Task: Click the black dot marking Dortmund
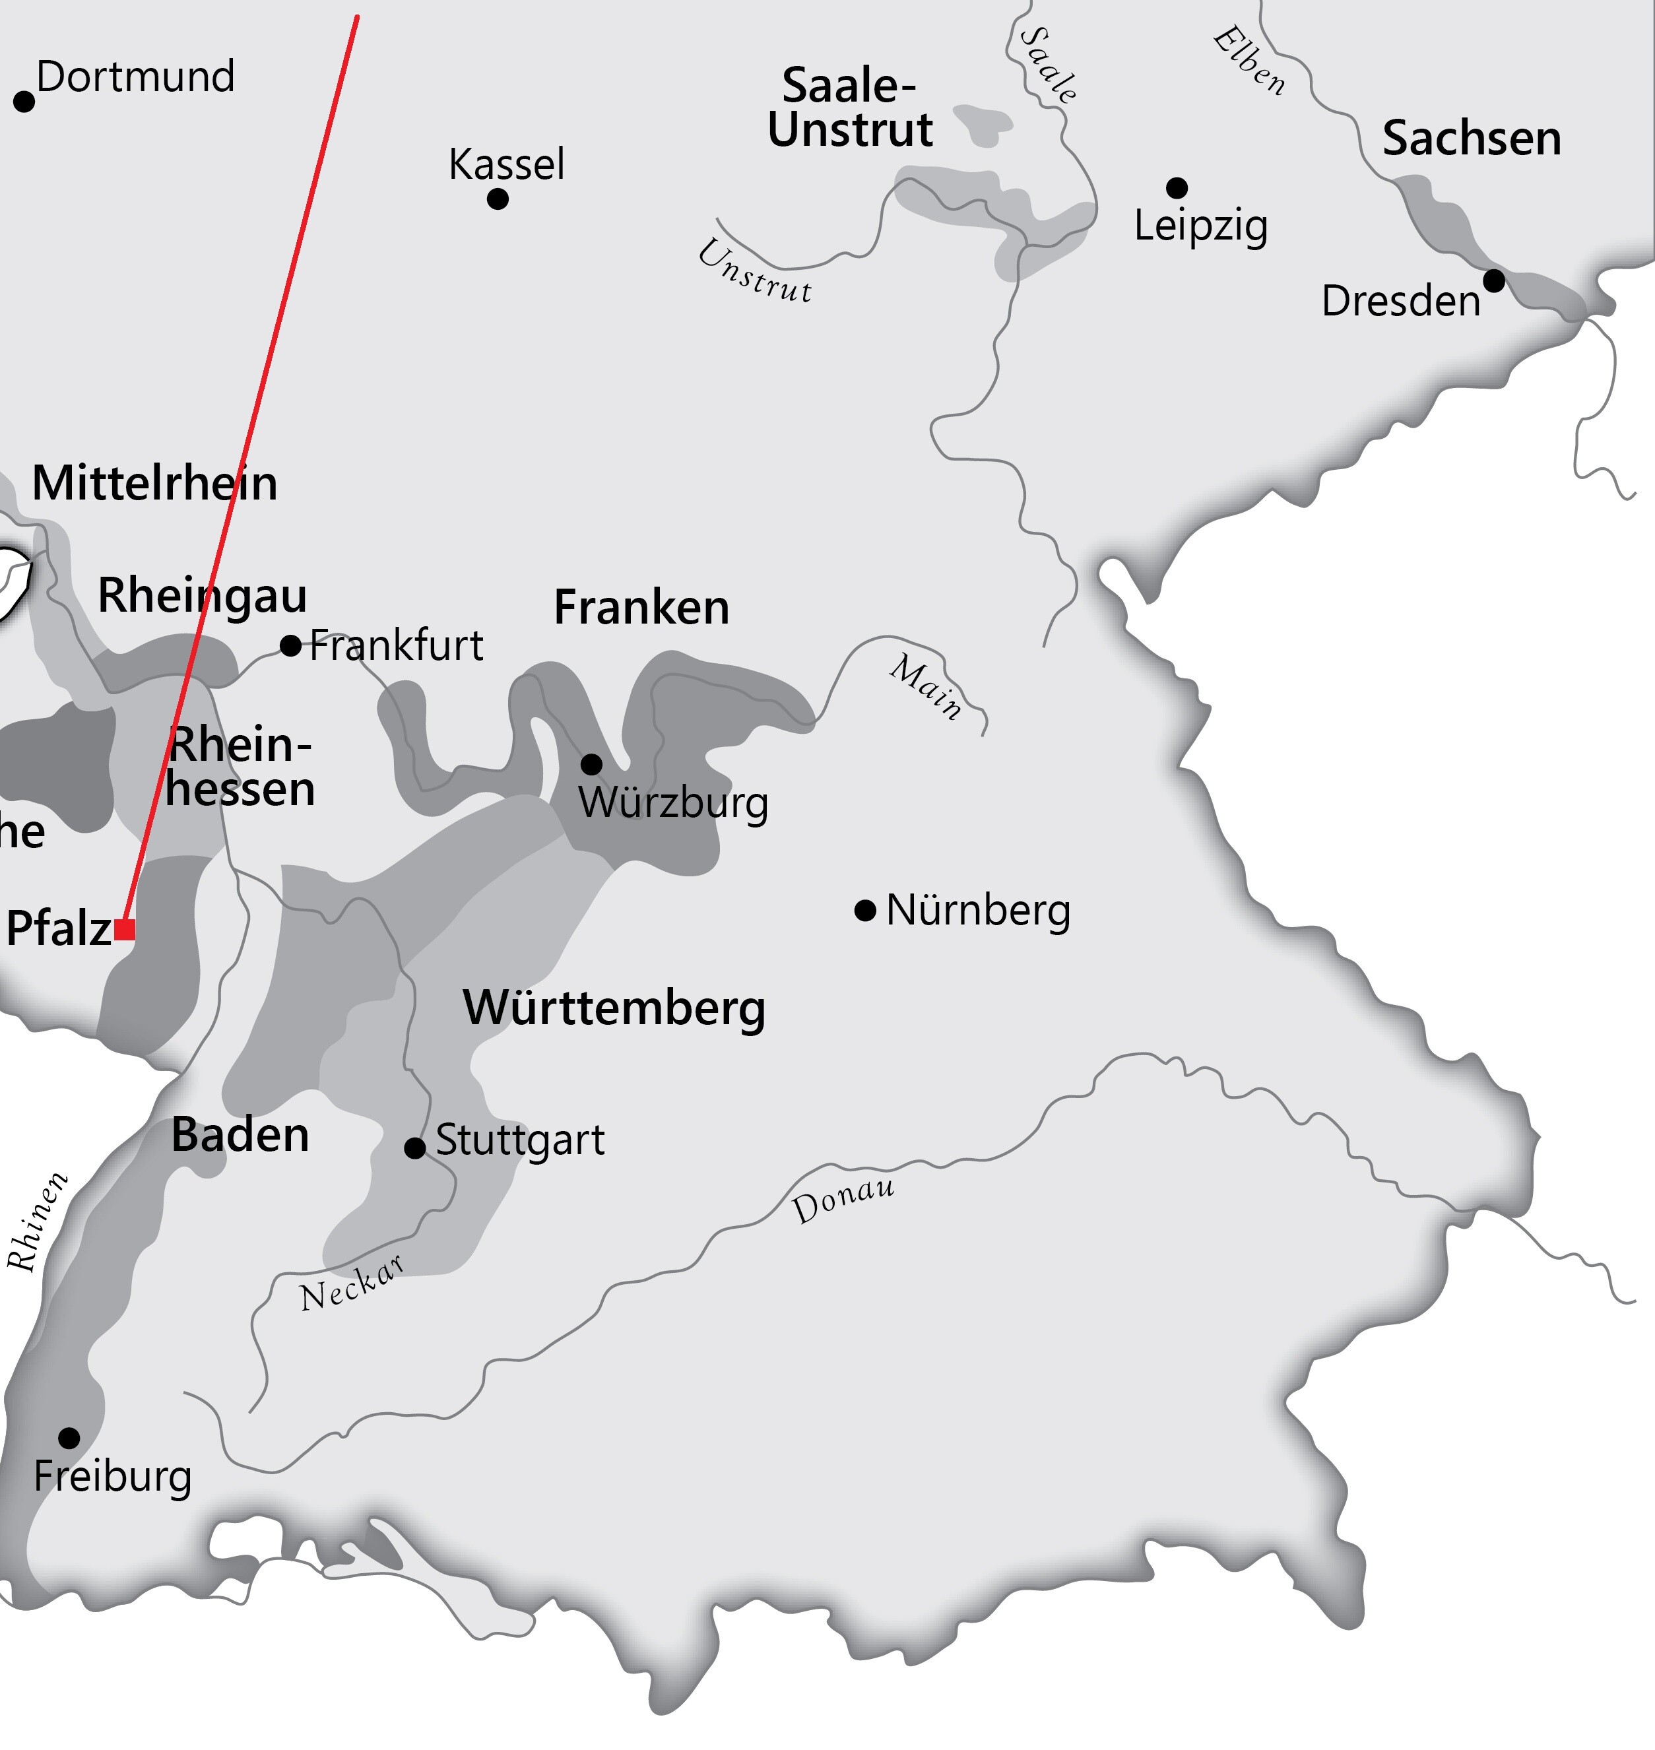pos(24,102)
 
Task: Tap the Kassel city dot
pos(498,199)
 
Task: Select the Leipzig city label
pos(1201,226)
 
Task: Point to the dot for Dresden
pos(1493,281)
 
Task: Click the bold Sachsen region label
pos(1472,139)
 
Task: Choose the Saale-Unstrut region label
pos(849,108)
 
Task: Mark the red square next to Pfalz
pos(125,929)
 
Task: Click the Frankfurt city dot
pos(290,645)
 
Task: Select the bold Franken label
pos(641,608)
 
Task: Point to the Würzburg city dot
pos(591,764)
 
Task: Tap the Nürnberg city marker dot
pos(865,910)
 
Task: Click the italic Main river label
pos(925,687)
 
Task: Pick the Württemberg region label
pos(614,1008)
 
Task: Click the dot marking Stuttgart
pos(414,1148)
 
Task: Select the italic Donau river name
pos(843,1200)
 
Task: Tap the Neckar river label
pos(352,1284)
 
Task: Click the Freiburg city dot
pos(69,1439)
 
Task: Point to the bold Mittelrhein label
pos(154,484)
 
